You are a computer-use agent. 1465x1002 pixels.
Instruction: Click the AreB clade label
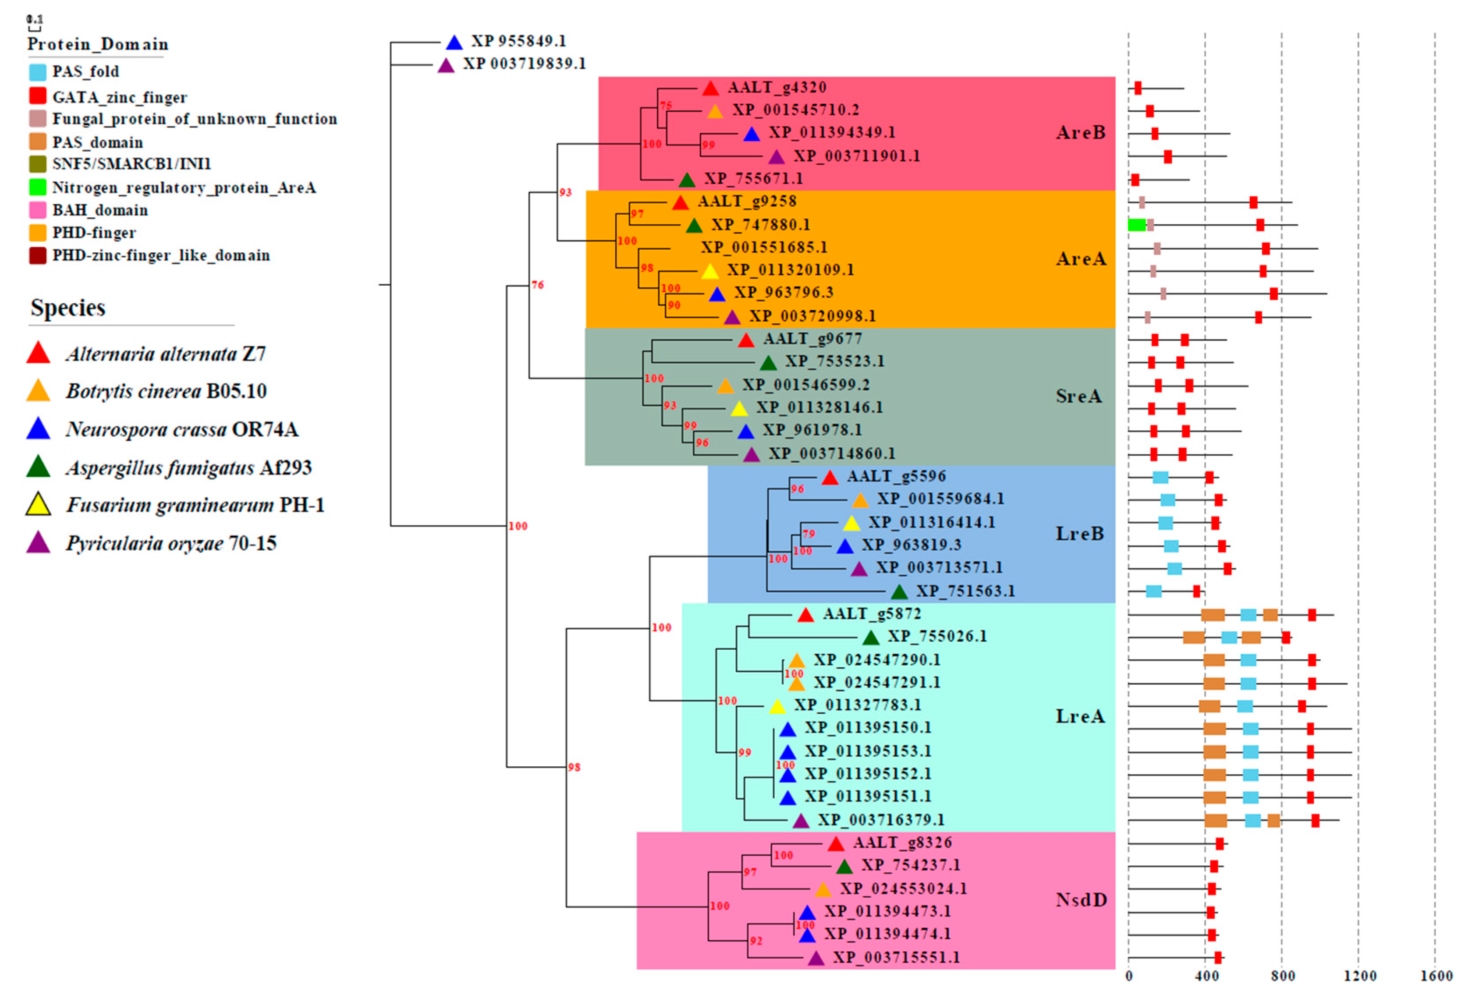click(x=1081, y=133)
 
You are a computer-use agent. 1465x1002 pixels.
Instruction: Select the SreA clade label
click(x=1078, y=397)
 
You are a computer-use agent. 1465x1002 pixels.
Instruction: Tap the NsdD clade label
click(x=1081, y=899)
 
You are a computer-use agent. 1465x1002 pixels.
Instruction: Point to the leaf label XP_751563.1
click(x=965, y=591)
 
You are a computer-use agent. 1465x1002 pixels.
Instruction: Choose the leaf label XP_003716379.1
click(x=881, y=820)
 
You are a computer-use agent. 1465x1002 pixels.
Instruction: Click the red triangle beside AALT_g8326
click(x=836, y=844)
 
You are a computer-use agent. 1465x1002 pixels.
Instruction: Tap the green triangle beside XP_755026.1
click(x=871, y=638)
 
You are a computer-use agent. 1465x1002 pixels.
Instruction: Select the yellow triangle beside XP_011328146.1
click(x=739, y=409)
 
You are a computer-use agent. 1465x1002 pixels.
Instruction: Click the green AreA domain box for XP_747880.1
click(x=1137, y=225)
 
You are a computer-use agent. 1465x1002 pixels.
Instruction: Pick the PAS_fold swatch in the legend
click(x=38, y=72)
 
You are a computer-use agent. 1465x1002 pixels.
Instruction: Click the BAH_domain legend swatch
click(x=38, y=210)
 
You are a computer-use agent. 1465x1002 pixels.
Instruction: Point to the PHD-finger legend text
click(x=94, y=233)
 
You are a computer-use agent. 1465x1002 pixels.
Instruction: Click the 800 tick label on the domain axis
click(x=1282, y=976)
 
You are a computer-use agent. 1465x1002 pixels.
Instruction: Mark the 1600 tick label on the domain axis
click(x=1436, y=976)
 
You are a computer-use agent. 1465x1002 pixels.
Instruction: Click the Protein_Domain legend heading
click(x=98, y=45)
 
